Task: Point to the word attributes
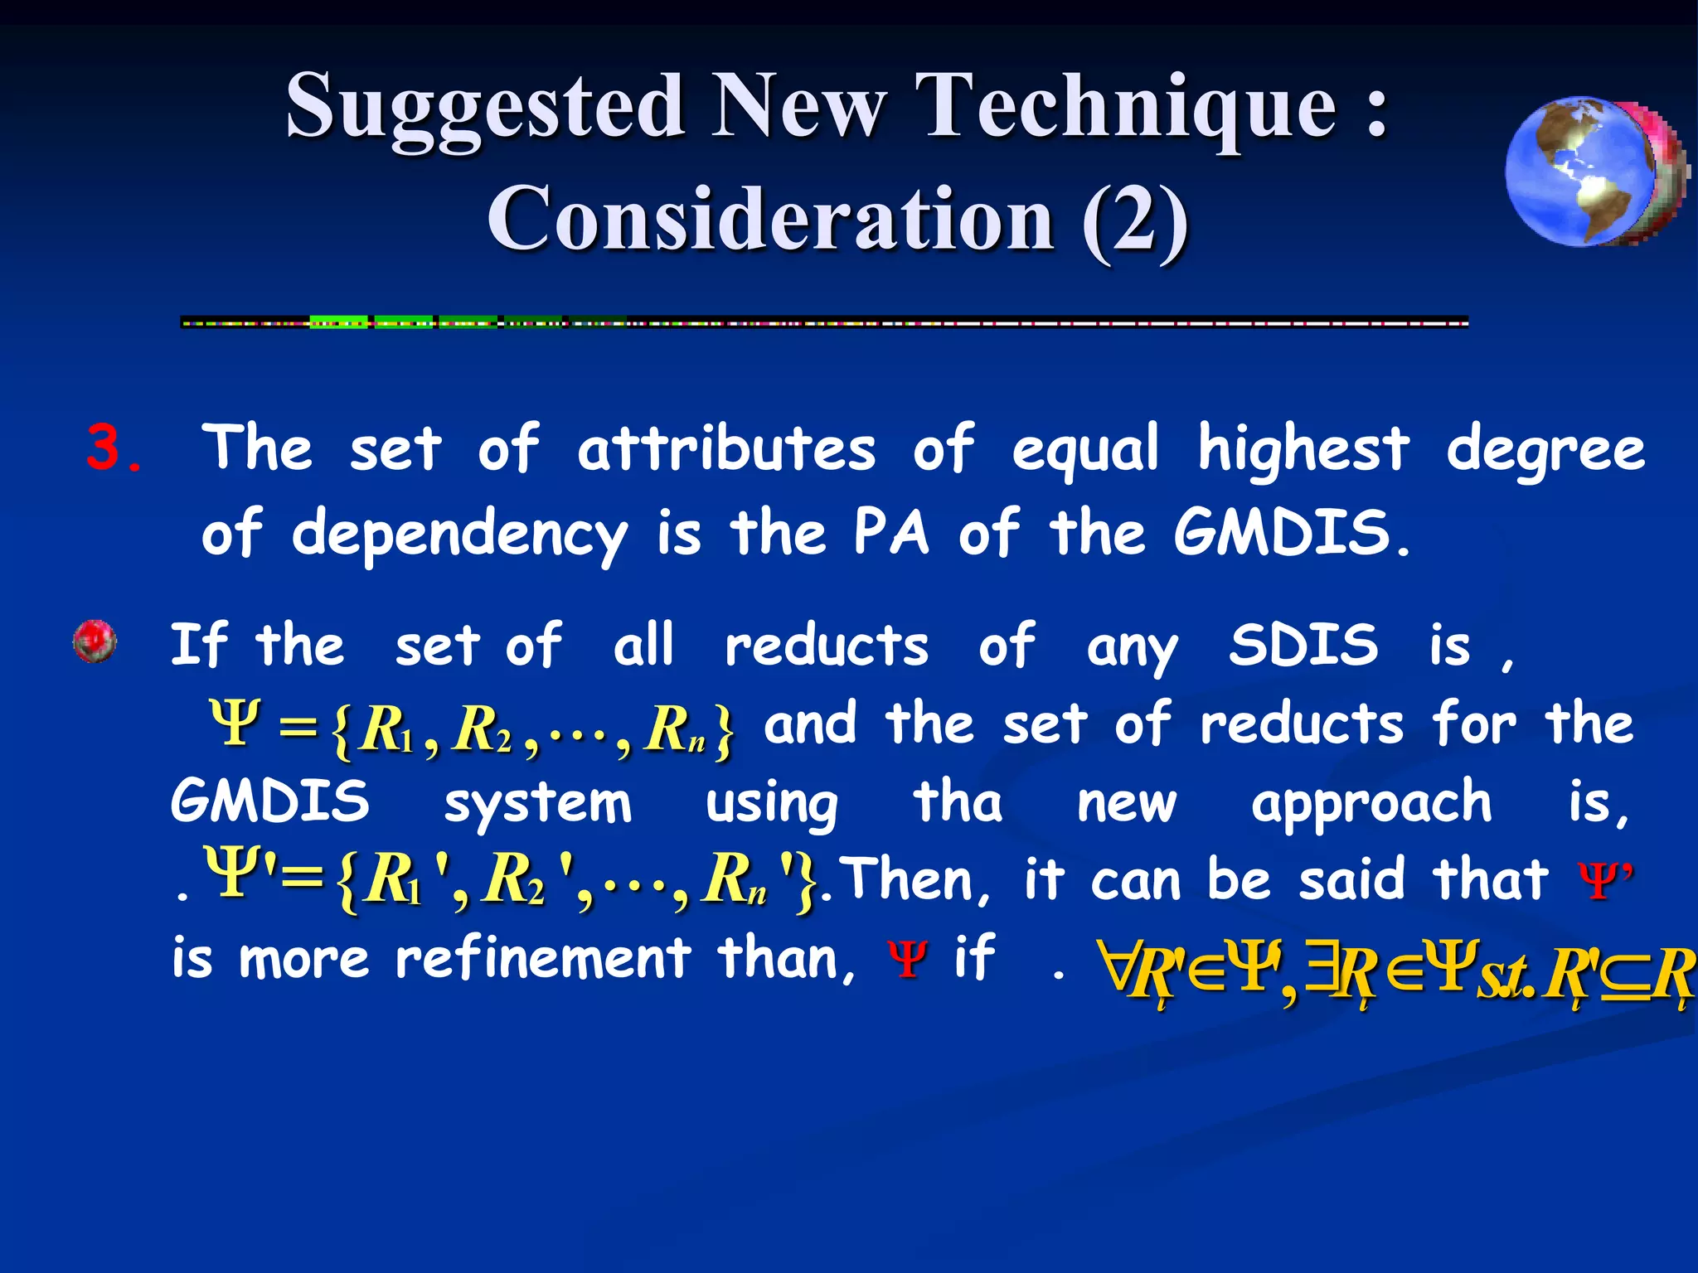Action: point(726,449)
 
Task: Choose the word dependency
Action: point(459,535)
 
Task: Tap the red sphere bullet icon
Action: point(95,641)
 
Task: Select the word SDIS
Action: point(1303,645)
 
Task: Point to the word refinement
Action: point(543,959)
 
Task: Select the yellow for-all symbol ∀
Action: point(1113,966)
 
